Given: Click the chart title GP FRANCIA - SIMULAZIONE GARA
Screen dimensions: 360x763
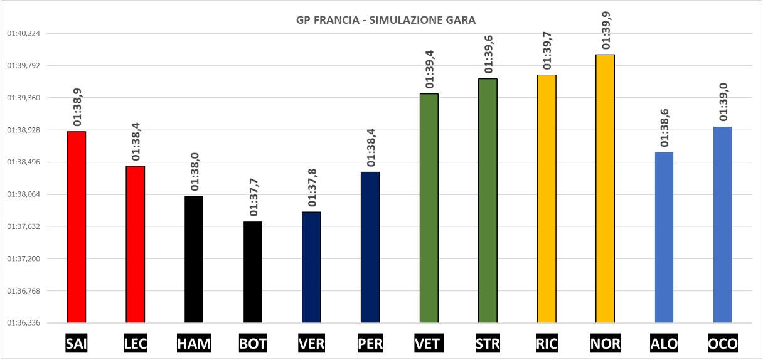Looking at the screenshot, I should (385, 20).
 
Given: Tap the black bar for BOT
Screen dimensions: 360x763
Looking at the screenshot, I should (253, 272).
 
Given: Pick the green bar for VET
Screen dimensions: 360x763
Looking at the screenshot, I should (429, 208).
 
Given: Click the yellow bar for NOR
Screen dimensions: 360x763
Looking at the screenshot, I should (606, 189).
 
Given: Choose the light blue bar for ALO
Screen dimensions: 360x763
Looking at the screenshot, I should (664, 238).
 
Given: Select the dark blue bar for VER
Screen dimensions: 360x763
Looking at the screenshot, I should (311, 267).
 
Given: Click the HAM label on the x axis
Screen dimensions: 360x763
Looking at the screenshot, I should (194, 343).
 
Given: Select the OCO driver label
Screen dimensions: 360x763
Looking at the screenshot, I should (723, 343).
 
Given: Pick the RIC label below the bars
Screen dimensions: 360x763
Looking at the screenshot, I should (547, 343).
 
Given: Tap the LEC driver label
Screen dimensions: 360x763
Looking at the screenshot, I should (135, 343).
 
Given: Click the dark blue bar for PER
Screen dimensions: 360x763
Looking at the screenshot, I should (370, 247).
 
